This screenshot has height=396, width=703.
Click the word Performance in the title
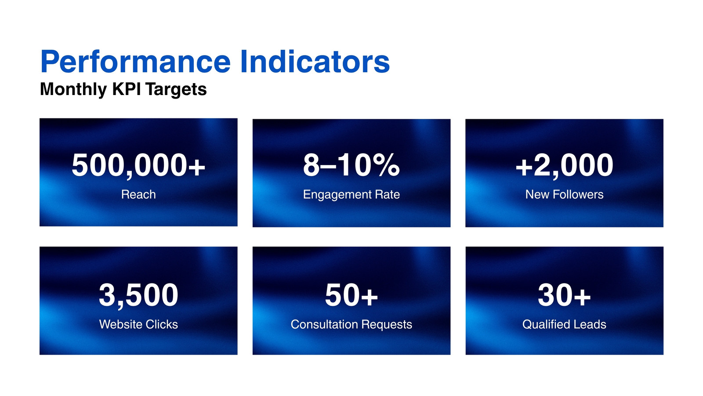coord(136,62)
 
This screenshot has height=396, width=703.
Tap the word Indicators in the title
coord(315,62)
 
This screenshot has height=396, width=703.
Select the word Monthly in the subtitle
coord(73,90)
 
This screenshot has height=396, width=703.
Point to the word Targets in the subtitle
coord(176,90)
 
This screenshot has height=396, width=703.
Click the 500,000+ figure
coord(138,165)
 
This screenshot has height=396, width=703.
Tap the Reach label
coord(138,194)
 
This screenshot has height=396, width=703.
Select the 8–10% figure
coord(351,165)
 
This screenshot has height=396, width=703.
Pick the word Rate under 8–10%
coord(387,194)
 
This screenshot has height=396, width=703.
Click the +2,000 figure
coord(564,165)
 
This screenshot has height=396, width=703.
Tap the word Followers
coord(578,194)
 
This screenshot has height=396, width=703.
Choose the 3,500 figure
coord(138,295)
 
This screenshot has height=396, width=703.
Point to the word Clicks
coord(161,324)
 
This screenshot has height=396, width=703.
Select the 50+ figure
coord(351,295)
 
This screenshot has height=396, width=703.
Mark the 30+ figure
coord(564,295)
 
